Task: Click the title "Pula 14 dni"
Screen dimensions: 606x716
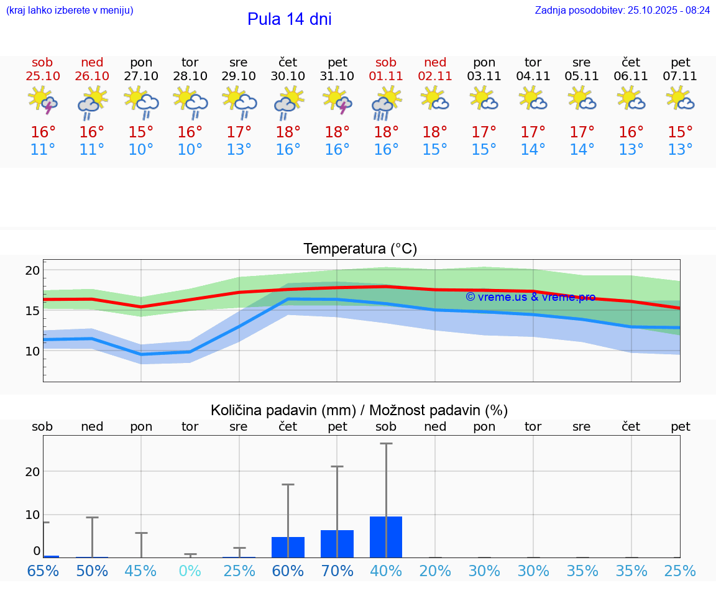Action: click(x=289, y=19)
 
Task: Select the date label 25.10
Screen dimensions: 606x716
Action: click(x=43, y=76)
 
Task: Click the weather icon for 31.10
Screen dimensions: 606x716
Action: click(x=337, y=101)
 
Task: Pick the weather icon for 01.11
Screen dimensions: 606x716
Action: click(x=386, y=103)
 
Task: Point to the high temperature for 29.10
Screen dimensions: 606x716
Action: click(x=239, y=132)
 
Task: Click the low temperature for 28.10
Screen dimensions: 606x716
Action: click(x=190, y=150)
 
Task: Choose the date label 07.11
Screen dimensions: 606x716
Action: click(x=680, y=76)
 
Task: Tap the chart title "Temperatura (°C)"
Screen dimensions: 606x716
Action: click(x=360, y=249)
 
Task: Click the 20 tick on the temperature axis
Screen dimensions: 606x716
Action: click(x=32, y=270)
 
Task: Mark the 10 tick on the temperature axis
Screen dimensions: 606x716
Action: click(x=32, y=351)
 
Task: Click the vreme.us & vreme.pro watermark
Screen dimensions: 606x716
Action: click(x=530, y=297)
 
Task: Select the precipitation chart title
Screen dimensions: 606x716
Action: click(x=359, y=410)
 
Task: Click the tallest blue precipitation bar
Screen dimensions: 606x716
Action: click(x=386, y=537)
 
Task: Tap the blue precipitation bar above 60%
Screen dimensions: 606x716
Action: click(x=288, y=547)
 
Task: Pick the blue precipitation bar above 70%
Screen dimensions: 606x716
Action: click(x=337, y=544)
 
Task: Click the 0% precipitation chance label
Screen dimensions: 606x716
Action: click(x=190, y=571)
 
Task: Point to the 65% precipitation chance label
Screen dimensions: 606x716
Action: click(x=43, y=571)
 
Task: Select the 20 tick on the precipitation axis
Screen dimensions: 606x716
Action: click(x=32, y=471)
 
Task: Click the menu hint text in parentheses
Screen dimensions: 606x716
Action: click(x=69, y=10)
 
